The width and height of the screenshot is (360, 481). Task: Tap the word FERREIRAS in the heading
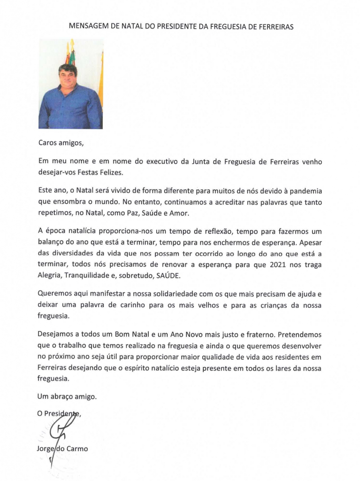pos(275,27)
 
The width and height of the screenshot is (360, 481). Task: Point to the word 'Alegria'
pos(51,275)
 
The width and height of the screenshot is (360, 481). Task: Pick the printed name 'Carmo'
pos(77,448)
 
